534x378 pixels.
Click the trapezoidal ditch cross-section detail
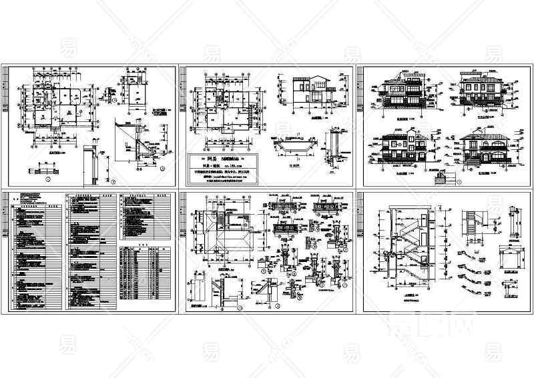coord(292,144)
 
